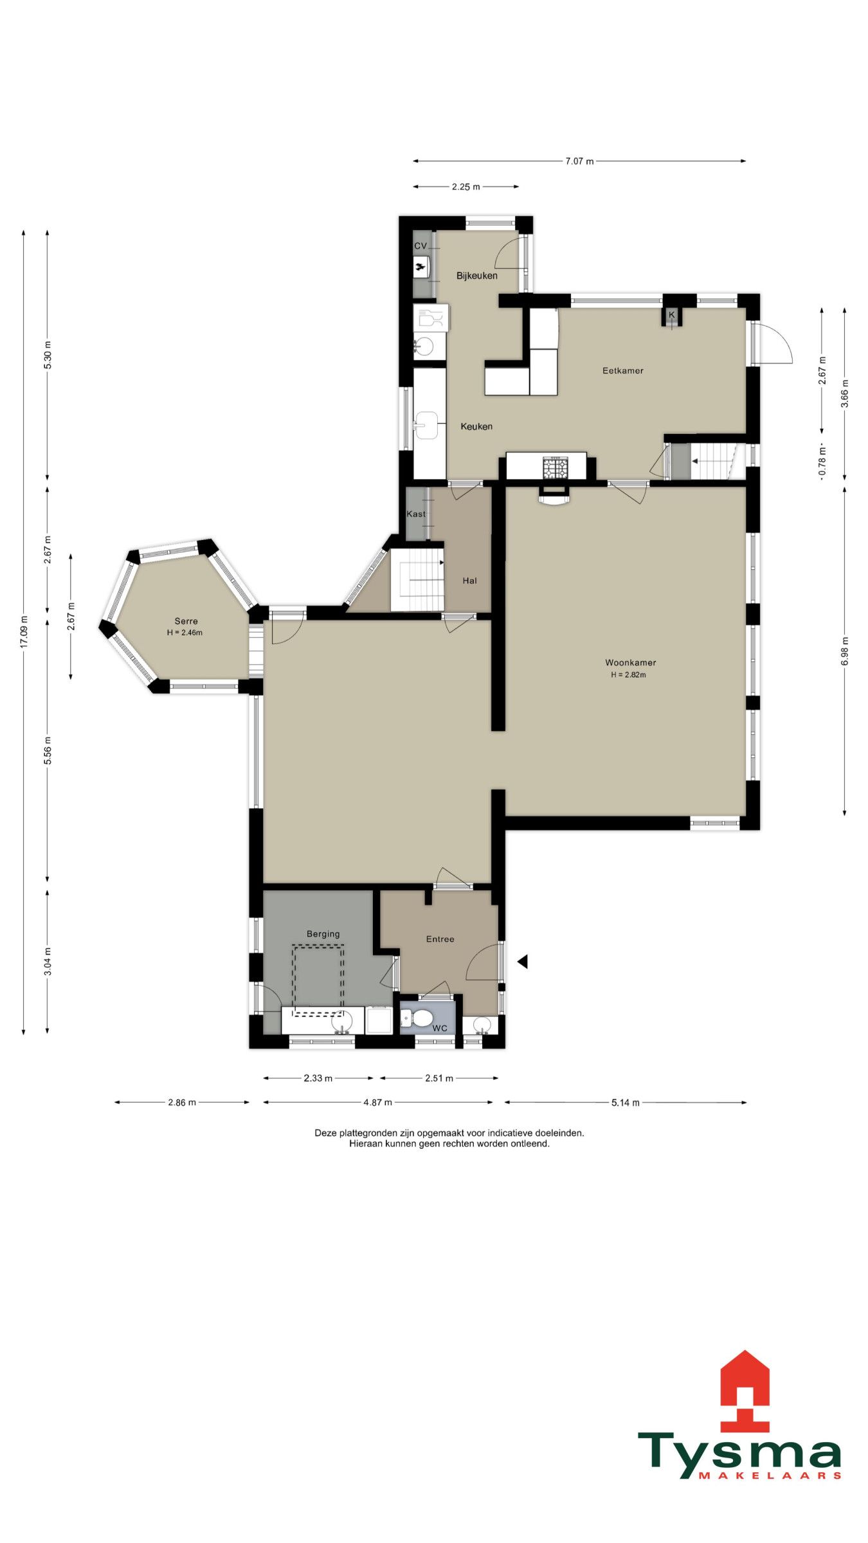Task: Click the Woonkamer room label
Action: click(x=630, y=662)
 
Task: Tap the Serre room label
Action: click(x=186, y=621)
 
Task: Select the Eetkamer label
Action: click(x=622, y=370)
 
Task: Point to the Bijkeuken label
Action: click(x=476, y=276)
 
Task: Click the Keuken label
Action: click(x=476, y=426)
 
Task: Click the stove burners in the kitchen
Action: click(x=556, y=467)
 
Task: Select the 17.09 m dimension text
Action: click(x=24, y=631)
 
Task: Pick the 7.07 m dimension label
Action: click(x=579, y=161)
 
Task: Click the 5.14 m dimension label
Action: click(x=625, y=1103)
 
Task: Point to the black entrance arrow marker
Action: click(x=523, y=961)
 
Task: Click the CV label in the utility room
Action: click(x=420, y=246)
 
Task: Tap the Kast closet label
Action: click(x=416, y=514)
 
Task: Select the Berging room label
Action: click(x=323, y=934)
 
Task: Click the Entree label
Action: click(x=440, y=939)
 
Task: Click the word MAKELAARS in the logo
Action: click(x=770, y=1475)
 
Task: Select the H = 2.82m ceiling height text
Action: click(x=628, y=675)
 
